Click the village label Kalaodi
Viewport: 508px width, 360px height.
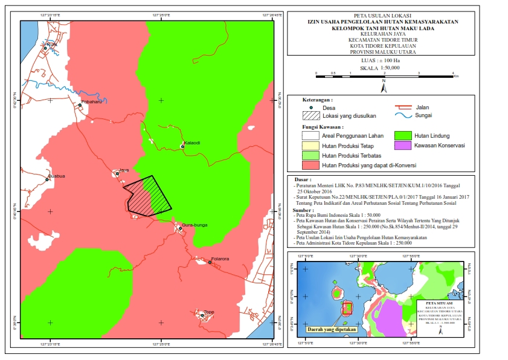point(191,143)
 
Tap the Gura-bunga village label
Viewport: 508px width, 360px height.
point(195,225)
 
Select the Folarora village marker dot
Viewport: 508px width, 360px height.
point(210,262)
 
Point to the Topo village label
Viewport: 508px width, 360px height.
point(209,312)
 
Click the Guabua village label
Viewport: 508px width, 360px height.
point(56,176)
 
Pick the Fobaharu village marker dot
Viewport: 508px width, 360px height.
point(80,105)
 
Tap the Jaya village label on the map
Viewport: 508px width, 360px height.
point(124,170)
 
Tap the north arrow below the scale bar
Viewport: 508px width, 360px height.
point(384,88)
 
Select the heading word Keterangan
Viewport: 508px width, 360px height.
point(317,100)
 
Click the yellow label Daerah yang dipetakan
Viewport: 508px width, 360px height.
point(331,330)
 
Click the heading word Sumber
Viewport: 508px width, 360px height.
point(307,210)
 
